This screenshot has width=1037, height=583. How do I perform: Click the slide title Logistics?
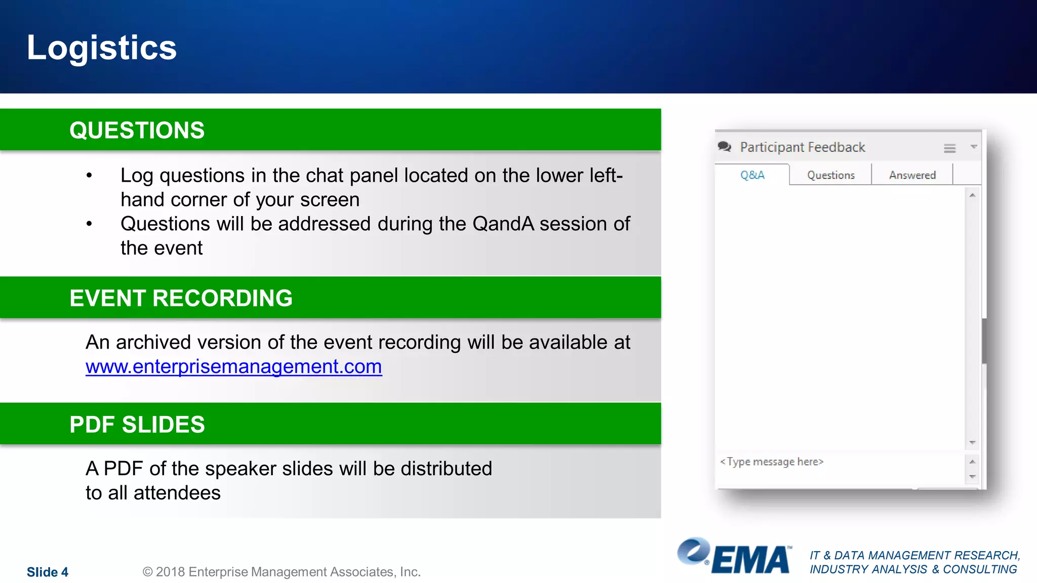point(102,48)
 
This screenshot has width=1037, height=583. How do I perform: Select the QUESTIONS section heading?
point(137,131)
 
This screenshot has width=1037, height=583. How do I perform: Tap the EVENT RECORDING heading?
point(181,298)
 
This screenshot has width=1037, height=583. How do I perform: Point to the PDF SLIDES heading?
point(137,425)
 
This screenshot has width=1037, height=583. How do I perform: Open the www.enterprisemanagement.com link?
point(233,366)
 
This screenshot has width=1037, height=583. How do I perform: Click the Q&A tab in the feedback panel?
point(752,175)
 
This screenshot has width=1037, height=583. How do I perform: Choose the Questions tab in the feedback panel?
point(830,175)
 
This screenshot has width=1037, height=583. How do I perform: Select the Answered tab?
point(912,175)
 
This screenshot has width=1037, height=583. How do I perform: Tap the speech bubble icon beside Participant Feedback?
point(725,147)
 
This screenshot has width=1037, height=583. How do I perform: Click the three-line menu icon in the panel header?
point(949,148)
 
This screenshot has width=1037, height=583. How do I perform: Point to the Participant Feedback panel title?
point(803,147)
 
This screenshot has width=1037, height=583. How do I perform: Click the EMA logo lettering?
point(751,560)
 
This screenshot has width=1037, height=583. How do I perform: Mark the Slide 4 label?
point(48,572)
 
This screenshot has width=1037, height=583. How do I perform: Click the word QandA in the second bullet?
point(503,224)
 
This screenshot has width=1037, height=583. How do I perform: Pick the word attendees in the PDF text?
point(177,493)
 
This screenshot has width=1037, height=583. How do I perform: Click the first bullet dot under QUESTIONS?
point(89,176)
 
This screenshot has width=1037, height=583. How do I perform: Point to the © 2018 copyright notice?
point(282,572)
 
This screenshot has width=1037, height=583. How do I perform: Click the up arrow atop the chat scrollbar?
point(972,195)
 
